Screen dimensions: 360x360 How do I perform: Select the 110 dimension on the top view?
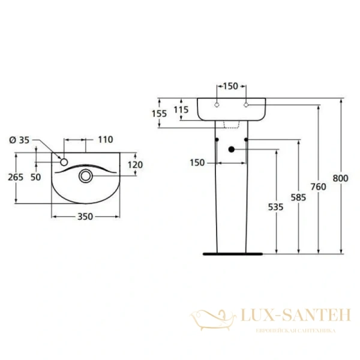click(105, 140)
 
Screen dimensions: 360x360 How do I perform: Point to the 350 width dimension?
click(85, 217)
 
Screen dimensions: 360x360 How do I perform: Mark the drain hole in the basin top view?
click(86, 176)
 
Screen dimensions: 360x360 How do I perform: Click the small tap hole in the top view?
click(64, 161)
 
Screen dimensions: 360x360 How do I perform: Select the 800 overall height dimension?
click(341, 178)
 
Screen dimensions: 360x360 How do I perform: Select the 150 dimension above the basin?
click(230, 86)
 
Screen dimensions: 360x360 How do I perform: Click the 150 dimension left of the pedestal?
click(198, 163)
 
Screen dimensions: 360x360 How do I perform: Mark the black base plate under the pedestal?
click(232, 253)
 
